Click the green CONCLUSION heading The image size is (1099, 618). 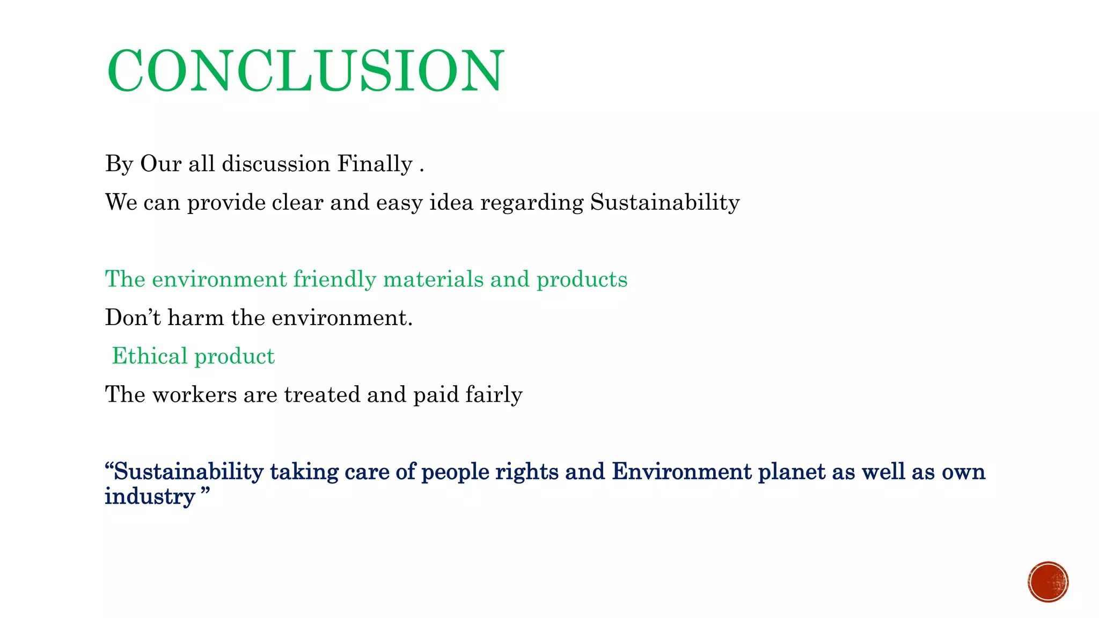[x=305, y=71]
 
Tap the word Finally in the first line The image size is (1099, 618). [x=375, y=164]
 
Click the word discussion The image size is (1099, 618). [x=276, y=164]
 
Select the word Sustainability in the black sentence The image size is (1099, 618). [x=665, y=203]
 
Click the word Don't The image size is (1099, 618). [x=133, y=318]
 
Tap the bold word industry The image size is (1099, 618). [x=149, y=497]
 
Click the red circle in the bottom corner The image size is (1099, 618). [x=1048, y=582]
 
